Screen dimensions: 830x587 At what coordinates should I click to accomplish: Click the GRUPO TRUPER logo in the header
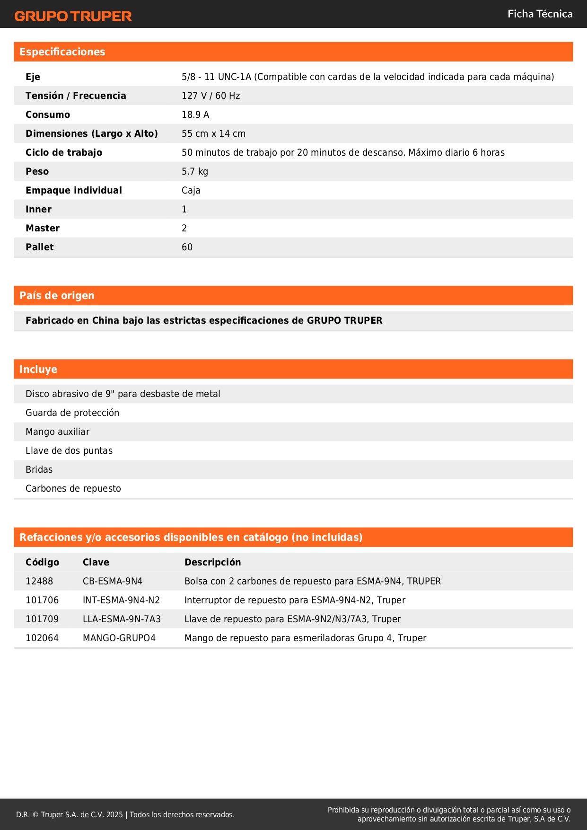pyautogui.click(x=73, y=16)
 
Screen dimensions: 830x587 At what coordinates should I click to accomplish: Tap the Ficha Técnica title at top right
pyautogui.click(x=540, y=14)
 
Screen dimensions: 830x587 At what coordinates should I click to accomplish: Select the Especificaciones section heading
pyautogui.click(x=62, y=52)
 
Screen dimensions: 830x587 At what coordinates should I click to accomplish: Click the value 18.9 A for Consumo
pyautogui.click(x=195, y=115)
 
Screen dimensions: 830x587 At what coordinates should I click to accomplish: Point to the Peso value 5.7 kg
pyautogui.click(x=195, y=171)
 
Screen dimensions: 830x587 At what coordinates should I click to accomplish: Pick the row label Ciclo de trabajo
pyautogui.click(x=64, y=152)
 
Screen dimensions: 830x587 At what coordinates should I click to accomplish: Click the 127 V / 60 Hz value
pyautogui.click(x=211, y=96)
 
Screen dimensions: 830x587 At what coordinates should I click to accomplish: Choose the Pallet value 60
pyautogui.click(x=187, y=247)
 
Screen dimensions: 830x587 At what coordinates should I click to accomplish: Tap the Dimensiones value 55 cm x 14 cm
pyautogui.click(x=214, y=133)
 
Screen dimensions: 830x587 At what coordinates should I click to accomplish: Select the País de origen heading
pyautogui.click(x=57, y=296)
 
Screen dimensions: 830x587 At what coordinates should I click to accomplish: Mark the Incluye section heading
pyautogui.click(x=38, y=370)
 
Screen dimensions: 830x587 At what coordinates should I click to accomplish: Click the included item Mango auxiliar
pyautogui.click(x=58, y=432)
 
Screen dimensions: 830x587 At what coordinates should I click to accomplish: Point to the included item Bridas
pyautogui.click(x=39, y=469)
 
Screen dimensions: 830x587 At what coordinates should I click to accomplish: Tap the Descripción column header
pyautogui.click(x=213, y=562)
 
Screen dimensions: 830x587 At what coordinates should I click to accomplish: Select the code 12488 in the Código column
pyautogui.click(x=39, y=581)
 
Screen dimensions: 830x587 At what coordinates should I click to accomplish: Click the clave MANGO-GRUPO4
pyautogui.click(x=119, y=638)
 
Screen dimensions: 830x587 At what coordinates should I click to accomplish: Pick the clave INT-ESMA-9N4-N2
pyautogui.click(x=121, y=600)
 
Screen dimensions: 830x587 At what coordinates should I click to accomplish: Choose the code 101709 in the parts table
pyautogui.click(x=42, y=619)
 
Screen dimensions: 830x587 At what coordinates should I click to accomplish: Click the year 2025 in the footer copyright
pyautogui.click(x=114, y=814)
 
